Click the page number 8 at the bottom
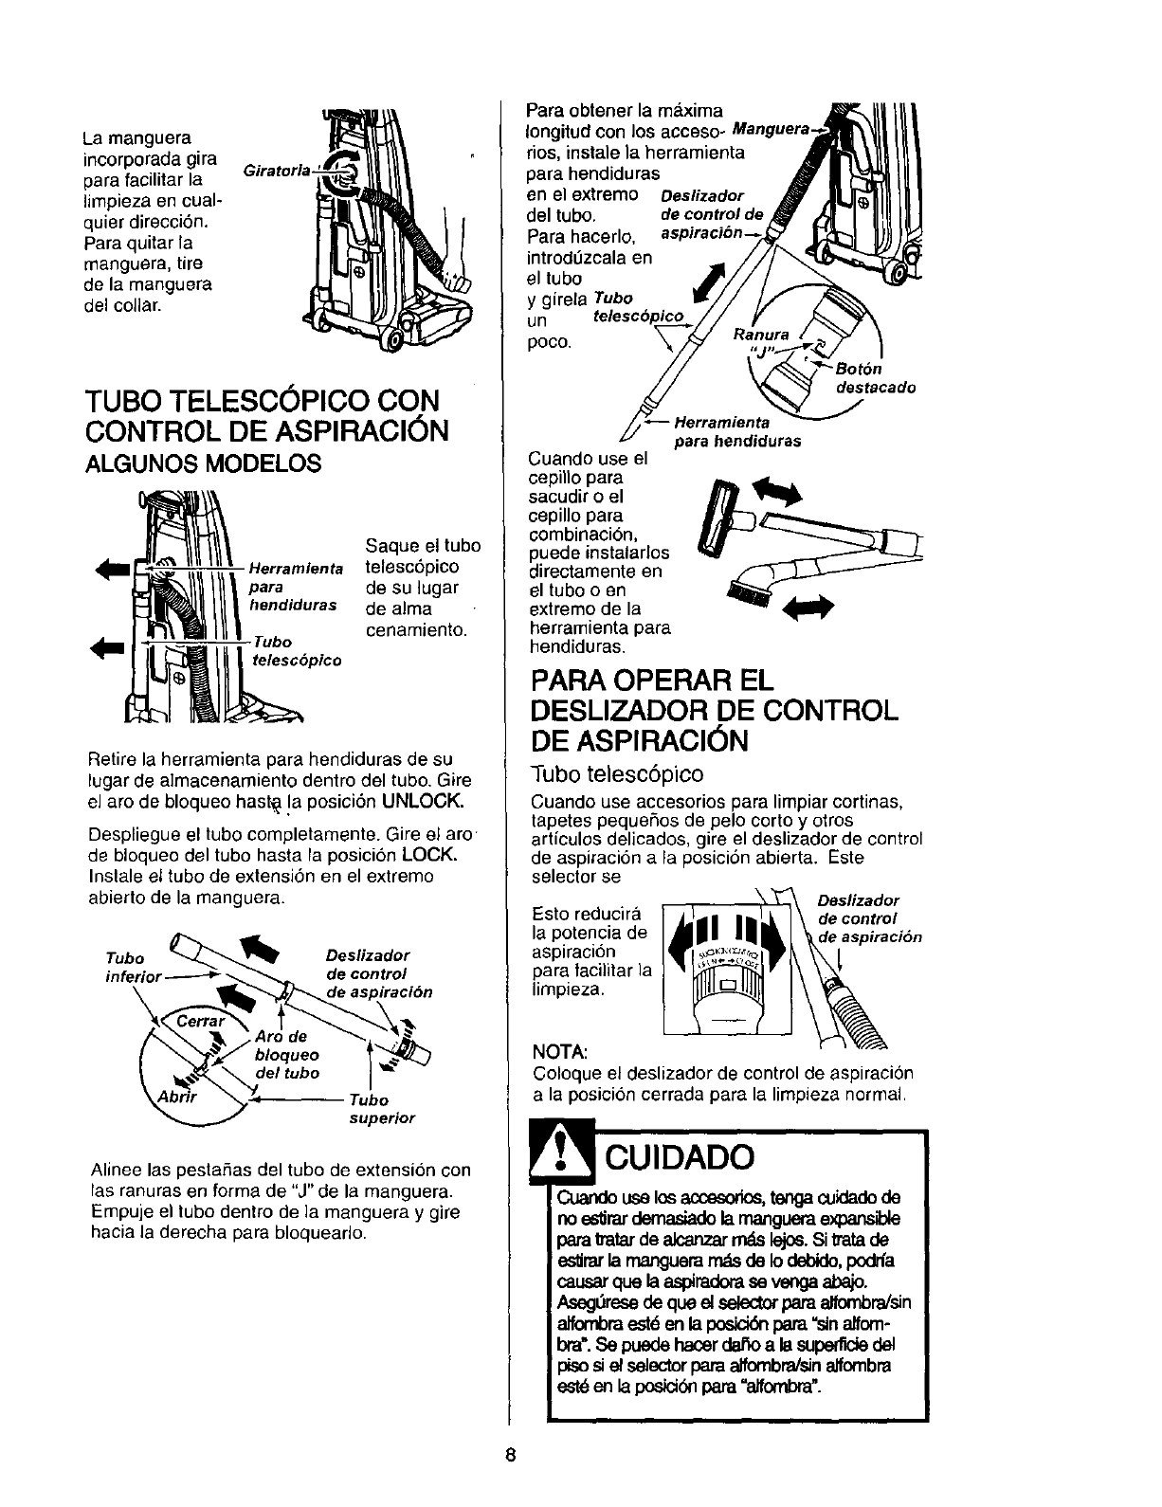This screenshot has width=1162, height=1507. click(509, 1456)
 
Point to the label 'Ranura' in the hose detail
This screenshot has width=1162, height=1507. click(756, 335)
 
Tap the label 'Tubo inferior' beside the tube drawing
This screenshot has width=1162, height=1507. click(137, 966)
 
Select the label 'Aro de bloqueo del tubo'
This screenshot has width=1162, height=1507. click(286, 1055)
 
